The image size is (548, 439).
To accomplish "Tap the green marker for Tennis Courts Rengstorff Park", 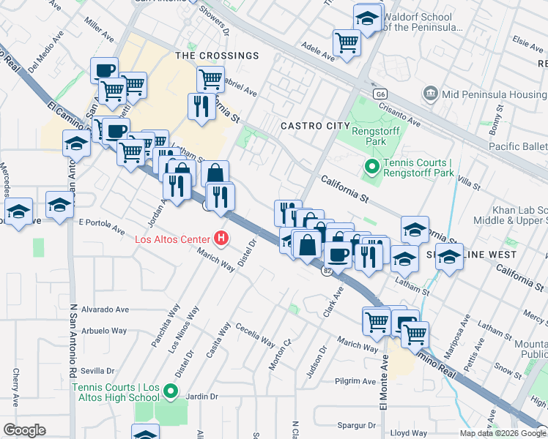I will tap(371, 168).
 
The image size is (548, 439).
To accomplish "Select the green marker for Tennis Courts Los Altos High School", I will tap(171, 391).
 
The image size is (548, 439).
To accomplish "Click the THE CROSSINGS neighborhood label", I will tap(216, 56).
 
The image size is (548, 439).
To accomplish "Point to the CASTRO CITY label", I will tap(316, 126).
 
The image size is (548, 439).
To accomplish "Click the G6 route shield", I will tap(379, 94).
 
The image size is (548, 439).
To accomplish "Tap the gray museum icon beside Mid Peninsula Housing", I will tap(430, 94).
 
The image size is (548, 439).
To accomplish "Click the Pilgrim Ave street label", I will tap(357, 381).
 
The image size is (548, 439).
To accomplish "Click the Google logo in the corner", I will tap(24, 430).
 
